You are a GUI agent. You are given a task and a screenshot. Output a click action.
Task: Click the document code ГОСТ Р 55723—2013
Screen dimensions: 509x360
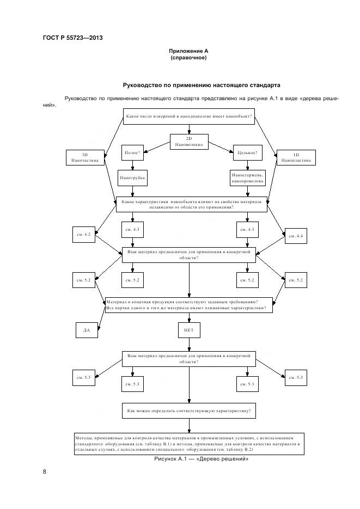coord(72,38)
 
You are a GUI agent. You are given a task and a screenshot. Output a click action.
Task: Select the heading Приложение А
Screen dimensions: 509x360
coord(188,51)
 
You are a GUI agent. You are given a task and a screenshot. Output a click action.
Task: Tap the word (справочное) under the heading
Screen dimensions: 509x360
coord(188,58)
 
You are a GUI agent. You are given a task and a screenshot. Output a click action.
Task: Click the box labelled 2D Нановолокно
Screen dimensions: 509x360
coord(189,142)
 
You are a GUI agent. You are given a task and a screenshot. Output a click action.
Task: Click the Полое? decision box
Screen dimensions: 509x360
coord(132,153)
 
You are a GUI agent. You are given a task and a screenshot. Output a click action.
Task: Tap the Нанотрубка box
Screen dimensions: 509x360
coord(132,177)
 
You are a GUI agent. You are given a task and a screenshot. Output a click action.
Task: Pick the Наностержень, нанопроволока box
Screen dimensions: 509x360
coord(247,177)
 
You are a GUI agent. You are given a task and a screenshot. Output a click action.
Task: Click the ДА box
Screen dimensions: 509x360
coord(86,330)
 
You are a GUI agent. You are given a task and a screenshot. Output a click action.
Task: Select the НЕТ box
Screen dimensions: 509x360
coord(189,330)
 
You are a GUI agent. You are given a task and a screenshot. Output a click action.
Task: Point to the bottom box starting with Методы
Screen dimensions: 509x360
coord(189,443)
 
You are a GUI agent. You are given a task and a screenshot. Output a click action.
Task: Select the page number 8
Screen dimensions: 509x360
coord(45,471)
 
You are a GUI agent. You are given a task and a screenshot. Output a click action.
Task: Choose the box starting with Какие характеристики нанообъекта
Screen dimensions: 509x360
coord(191,204)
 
